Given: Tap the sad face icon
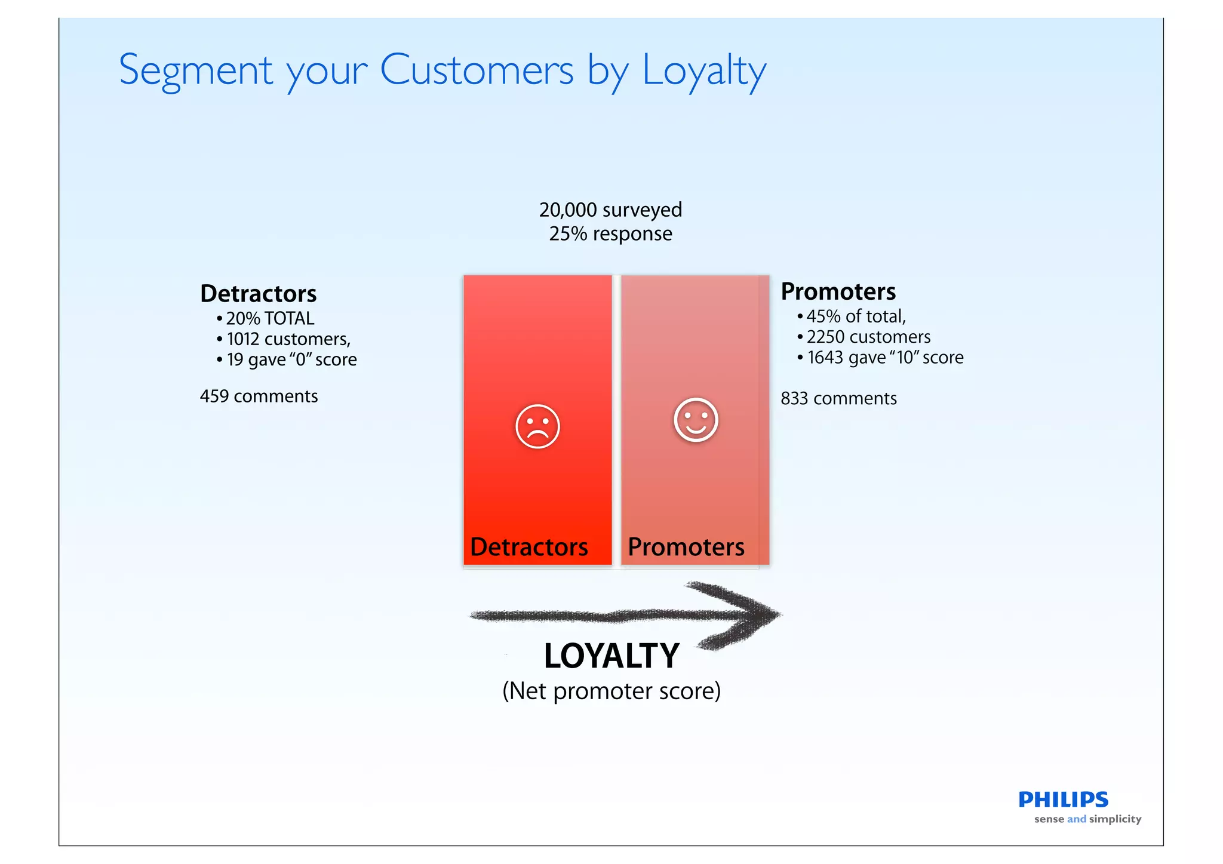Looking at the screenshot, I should click(x=537, y=426).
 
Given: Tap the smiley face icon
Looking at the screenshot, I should click(x=695, y=420).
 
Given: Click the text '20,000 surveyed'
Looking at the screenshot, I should click(x=610, y=210).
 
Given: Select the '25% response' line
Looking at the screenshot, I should click(x=610, y=233).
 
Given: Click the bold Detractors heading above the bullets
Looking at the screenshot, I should click(x=258, y=294).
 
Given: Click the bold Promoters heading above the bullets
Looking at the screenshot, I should click(x=838, y=291).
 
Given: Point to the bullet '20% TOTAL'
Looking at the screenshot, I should click(x=270, y=318).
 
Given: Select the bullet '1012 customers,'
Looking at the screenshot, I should click(x=288, y=339).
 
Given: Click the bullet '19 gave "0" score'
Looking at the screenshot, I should click(x=291, y=359).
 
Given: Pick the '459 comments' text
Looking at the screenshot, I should click(x=259, y=396).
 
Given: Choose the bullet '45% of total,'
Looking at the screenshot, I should click(x=856, y=316).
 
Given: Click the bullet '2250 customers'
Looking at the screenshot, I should click(x=868, y=337).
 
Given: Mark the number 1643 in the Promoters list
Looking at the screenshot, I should click(x=825, y=358).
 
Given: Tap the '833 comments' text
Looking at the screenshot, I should click(x=838, y=398).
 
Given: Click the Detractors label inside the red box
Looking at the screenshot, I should click(x=529, y=547).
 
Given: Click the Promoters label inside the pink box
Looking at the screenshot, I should click(x=686, y=547).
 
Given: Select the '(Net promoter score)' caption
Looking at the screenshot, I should click(x=611, y=691).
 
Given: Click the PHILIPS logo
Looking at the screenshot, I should click(x=1063, y=800).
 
